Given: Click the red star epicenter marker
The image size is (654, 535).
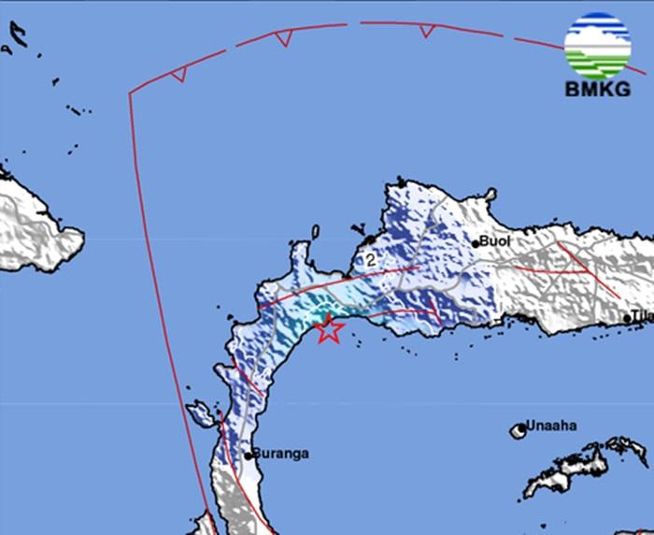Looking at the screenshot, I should tap(328, 329).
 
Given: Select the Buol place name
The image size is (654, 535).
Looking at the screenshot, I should tap(496, 240).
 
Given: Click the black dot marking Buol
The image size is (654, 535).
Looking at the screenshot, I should tap(476, 243).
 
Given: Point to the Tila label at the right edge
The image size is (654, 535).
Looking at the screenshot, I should tap(643, 317).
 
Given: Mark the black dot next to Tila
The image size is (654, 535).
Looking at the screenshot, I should tap(627, 320).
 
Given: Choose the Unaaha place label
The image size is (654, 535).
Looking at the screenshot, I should tap(550, 426).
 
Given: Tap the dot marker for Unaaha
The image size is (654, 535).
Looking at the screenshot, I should tap(519, 430).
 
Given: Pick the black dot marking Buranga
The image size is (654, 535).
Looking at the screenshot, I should tap(249, 455).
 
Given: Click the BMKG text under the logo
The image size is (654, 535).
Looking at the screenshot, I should tap(597, 90).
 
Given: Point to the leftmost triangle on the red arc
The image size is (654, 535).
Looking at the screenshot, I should tap(179, 73).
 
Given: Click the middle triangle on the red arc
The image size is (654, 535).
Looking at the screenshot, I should tap(284, 37).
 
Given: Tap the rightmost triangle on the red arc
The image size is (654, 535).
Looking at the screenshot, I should tap(427, 30).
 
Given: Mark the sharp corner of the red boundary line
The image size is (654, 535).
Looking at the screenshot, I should tap(129, 93).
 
